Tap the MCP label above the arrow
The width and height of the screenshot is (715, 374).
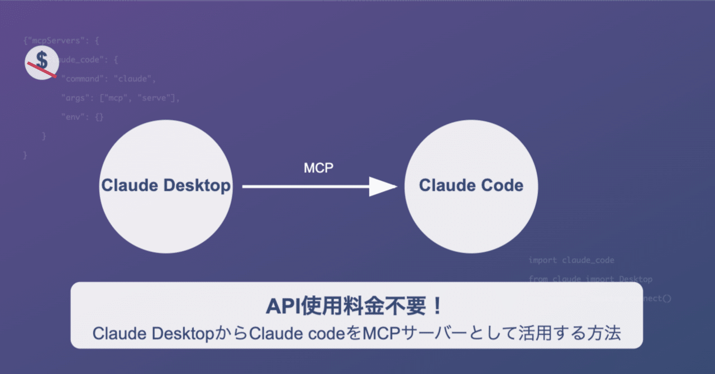click(x=318, y=167)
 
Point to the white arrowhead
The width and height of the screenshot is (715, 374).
click(x=383, y=187)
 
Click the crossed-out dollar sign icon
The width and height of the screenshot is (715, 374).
click(x=42, y=63)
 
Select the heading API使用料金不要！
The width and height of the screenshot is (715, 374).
click(x=356, y=306)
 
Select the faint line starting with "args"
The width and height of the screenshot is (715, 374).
click(x=120, y=98)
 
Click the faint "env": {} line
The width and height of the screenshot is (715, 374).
click(x=82, y=117)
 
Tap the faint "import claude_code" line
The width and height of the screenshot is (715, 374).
click(x=571, y=260)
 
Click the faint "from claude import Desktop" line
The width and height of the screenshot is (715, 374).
click(x=590, y=279)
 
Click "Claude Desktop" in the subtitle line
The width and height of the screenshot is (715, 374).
click(x=154, y=333)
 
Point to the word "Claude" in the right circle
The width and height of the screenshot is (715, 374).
click(x=443, y=185)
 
